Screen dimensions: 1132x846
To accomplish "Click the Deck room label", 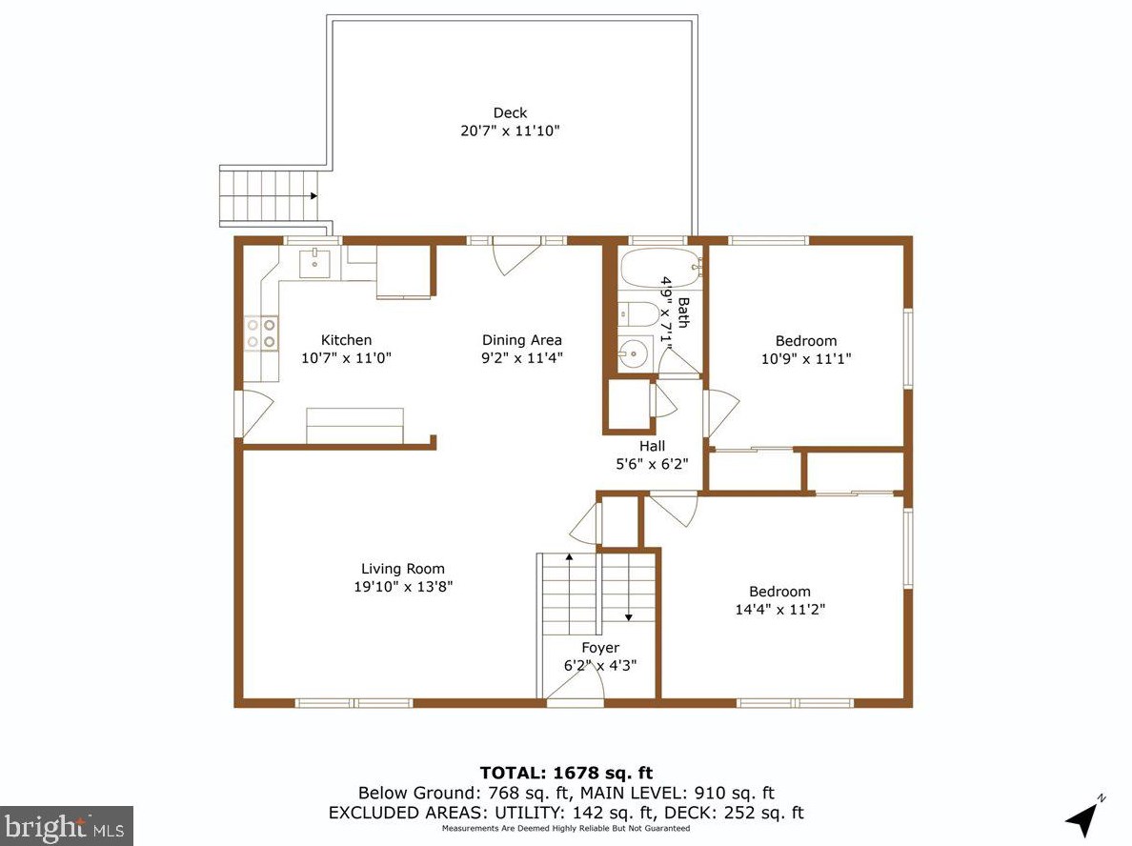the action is point(510,112).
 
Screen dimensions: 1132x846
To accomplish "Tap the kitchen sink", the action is point(314,264).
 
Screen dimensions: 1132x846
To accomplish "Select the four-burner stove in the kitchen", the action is point(261,333).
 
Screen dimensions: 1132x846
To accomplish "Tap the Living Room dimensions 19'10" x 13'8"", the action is point(403,586).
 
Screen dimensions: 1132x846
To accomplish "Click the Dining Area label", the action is point(522,340).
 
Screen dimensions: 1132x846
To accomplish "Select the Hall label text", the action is point(652,446).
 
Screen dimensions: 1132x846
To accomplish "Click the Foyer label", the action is point(600,648).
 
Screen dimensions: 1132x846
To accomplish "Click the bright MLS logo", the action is point(67,826).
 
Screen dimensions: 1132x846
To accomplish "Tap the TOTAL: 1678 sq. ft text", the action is point(567,773).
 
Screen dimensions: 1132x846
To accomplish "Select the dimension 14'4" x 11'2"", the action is point(779,609).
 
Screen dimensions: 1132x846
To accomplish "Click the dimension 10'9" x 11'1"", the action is point(806,358).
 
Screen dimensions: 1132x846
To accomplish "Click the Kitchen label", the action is point(347,340).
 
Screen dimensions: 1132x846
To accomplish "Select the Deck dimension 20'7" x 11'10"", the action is point(511,131).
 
